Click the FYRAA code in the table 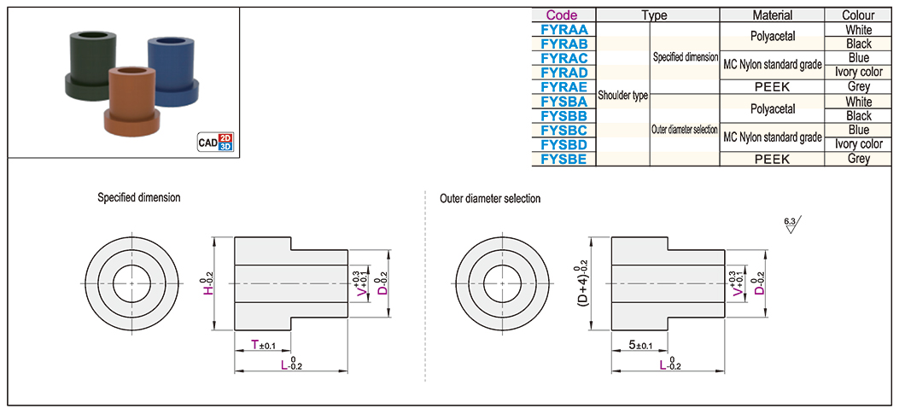point(563,29)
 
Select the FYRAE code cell point(563,87)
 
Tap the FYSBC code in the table point(563,130)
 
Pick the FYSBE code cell point(563,159)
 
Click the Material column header point(772,15)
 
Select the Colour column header point(858,15)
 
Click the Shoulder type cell point(622,95)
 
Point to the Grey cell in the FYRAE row point(858,87)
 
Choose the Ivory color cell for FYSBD point(858,144)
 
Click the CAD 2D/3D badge point(214,142)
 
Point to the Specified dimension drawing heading point(138,198)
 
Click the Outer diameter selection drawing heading point(490,198)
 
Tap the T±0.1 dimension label point(263,344)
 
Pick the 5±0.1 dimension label point(639,344)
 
